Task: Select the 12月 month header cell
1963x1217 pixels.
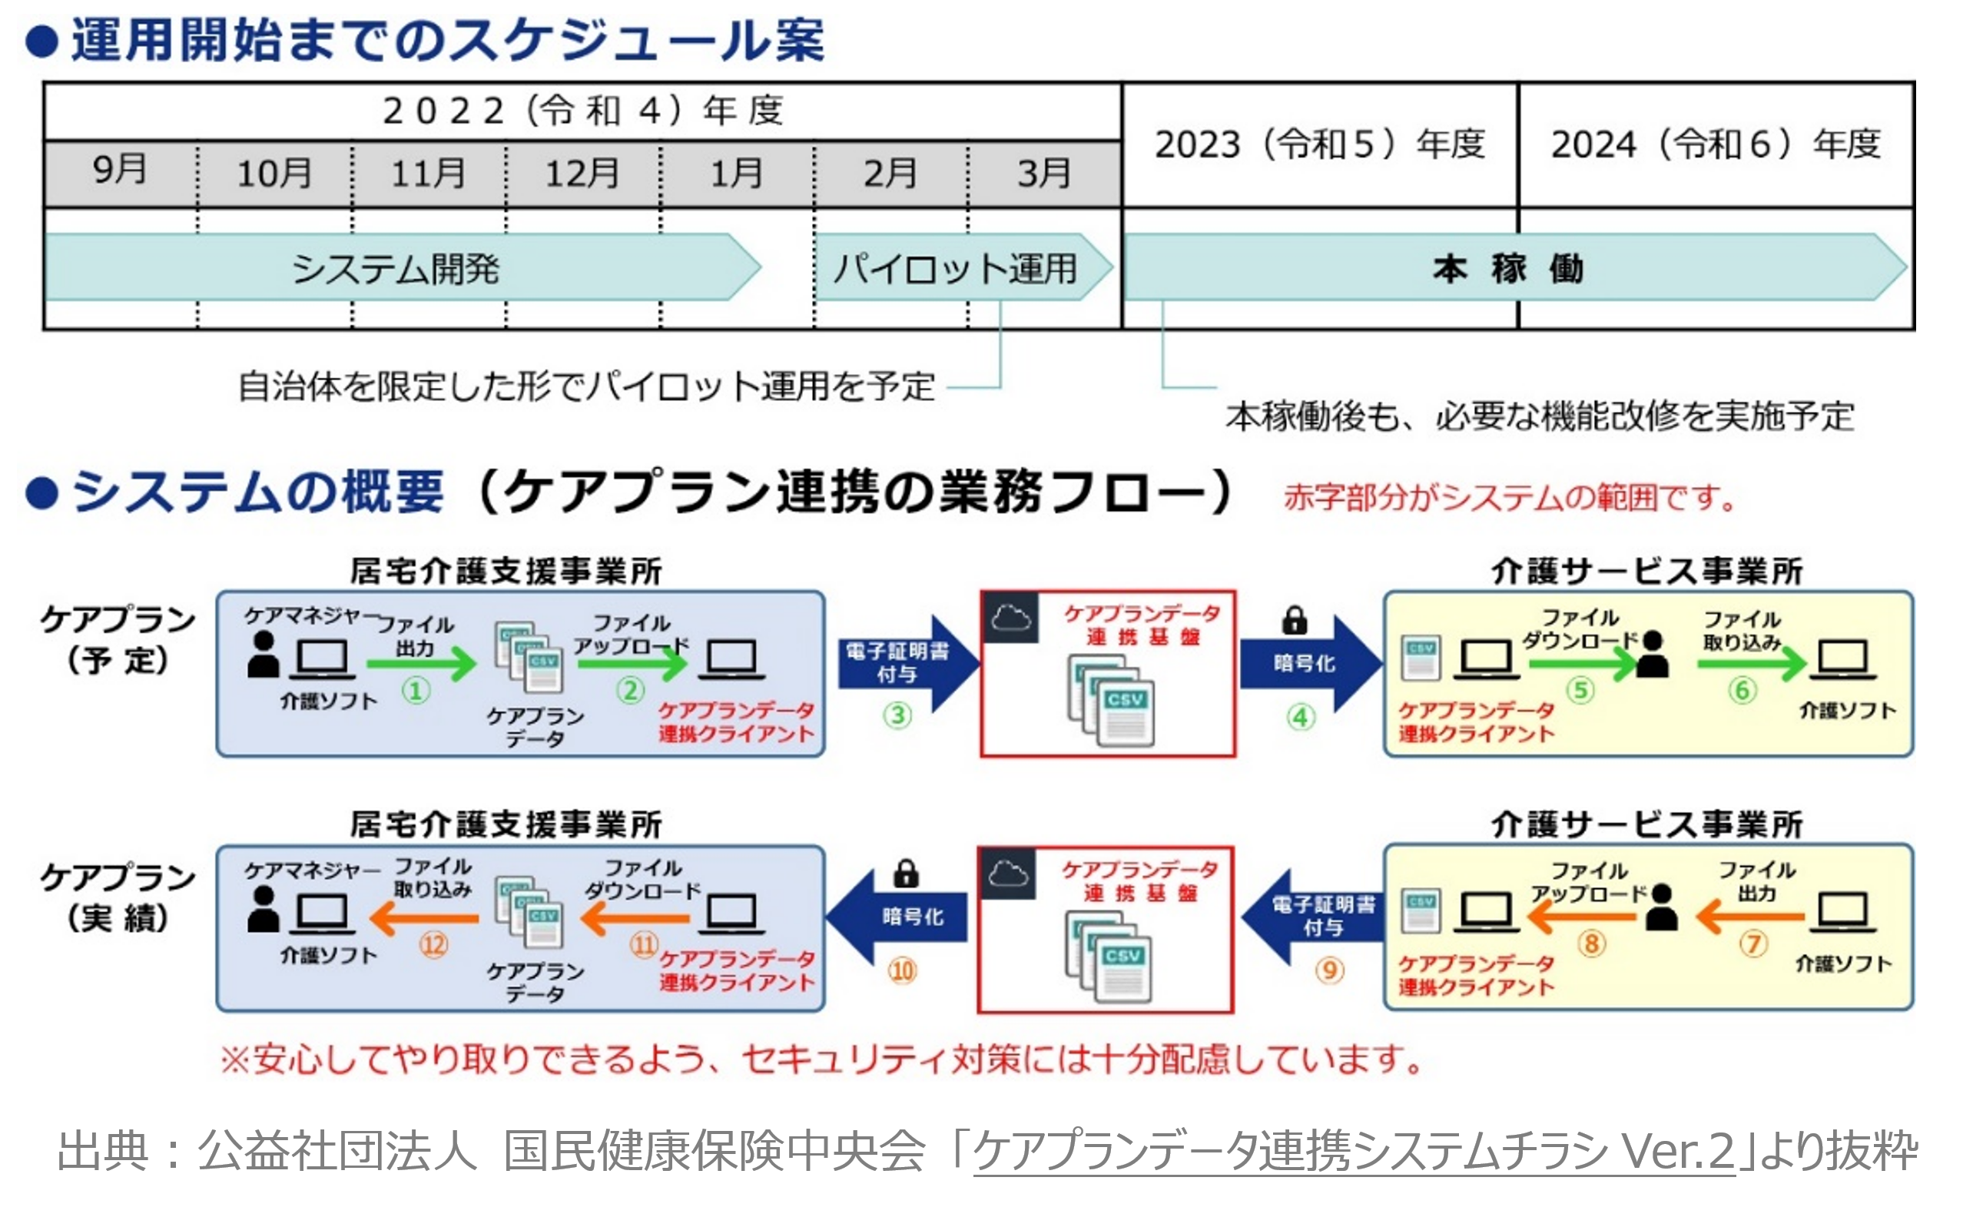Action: coord(582,173)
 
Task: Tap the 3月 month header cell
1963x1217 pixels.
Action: coord(1044,173)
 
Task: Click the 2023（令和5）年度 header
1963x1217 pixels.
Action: coord(1320,145)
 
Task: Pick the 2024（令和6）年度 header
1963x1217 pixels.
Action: coord(1715,145)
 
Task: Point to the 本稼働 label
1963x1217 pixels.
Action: coord(1507,268)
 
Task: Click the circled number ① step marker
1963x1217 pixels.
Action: coord(416,691)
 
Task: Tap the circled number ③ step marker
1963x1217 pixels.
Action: coord(897,715)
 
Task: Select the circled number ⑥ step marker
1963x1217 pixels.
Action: coord(1742,690)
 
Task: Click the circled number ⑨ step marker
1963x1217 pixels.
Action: coord(1330,970)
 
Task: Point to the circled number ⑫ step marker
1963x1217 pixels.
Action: coord(433,944)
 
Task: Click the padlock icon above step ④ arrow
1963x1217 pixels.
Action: coord(1294,620)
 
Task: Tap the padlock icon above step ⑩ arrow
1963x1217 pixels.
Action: coord(907,874)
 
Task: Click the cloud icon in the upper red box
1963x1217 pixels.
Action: coord(1011,618)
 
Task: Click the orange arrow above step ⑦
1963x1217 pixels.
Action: coord(1750,917)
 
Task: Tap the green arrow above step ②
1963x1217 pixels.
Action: coord(631,663)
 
